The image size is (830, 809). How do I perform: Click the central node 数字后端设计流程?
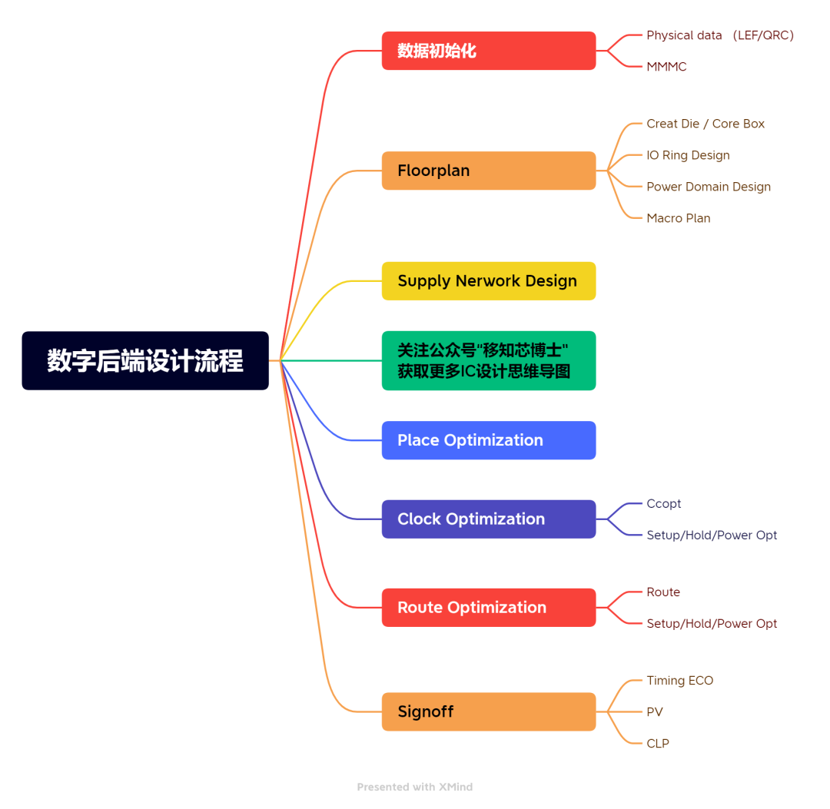pyautogui.click(x=145, y=360)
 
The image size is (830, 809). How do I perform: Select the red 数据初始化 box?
pyautogui.click(x=488, y=51)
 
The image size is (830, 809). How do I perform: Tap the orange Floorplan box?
pyautogui.click(x=488, y=171)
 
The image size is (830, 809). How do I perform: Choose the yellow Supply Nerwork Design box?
pyautogui.click(x=488, y=281)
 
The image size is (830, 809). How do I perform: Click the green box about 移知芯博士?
pyautogui.click(x=488, y=360)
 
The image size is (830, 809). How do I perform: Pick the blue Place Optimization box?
pyautogui.click(x=488, y=440)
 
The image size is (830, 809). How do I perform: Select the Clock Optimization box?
pyautogui.click(x=488, y=519)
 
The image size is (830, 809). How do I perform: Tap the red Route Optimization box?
pyautogui.click(x=488, y=608)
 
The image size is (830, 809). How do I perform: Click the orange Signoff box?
pyautogui.click(x=488, y=711)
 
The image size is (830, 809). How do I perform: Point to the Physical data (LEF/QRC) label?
pyautogui.click(x=720, y=35)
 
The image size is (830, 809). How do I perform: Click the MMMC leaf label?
pyautogui.click(x=666, y=67)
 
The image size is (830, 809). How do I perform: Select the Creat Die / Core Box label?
pyautogui.click(x=705, y=124)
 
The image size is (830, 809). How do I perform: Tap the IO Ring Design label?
pyautogui.click(x=688, y=155)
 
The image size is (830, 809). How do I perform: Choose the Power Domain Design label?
pyautogui.click(x=709, y=187)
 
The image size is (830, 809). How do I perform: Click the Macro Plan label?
pyautogui.click(x=679, y=218)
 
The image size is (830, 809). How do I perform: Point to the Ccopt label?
pyautogui.click(x=664, y=504)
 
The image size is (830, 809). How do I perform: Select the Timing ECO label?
pyautogui.click(x=680, y=681)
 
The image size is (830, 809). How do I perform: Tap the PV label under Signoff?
pyautogui.click(x=655, y=712)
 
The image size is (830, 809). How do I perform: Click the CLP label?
pyautogui.click(x=658, y=744)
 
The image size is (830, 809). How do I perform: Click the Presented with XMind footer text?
pyautogui.click(x=415, y=787)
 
